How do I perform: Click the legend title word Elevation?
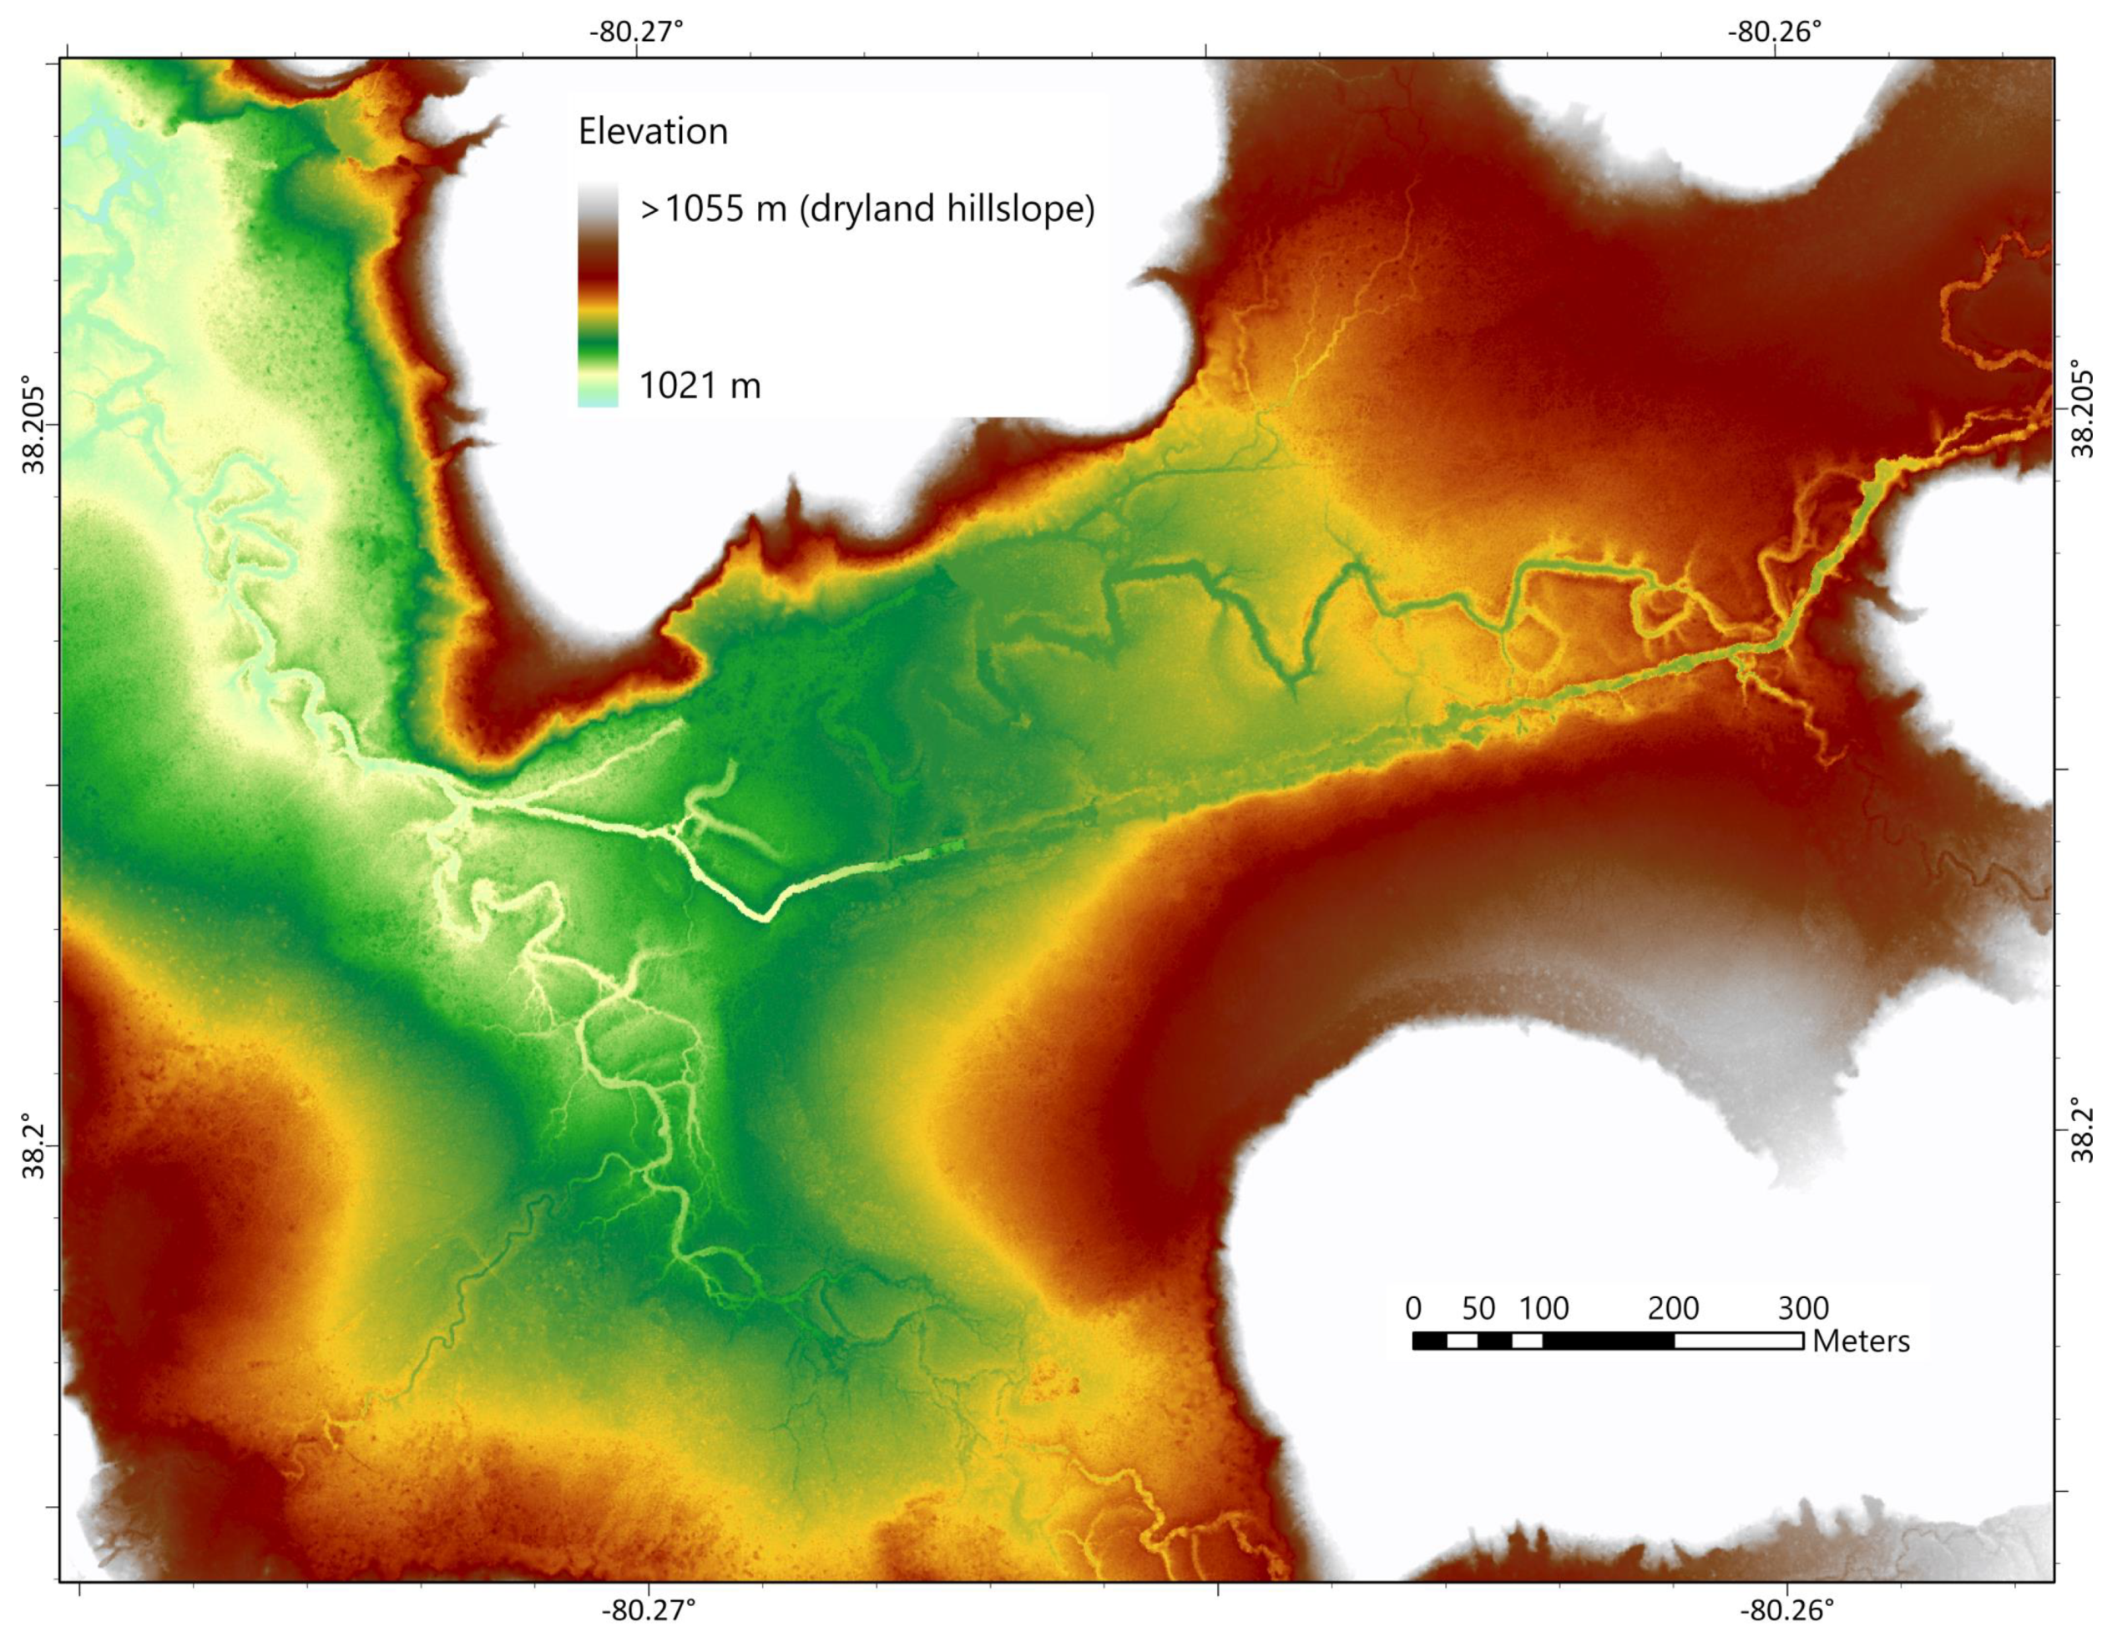point(653,132)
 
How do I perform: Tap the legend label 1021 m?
point(700,387)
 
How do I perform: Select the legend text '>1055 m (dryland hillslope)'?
point(867,209)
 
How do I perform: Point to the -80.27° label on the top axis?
point(636,32)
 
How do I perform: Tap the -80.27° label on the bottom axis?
point(649,1611)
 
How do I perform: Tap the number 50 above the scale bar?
point(1478,1308)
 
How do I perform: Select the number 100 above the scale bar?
point(1544,1308)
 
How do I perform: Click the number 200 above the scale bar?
point(1673,1308)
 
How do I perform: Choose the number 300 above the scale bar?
point(1803,1308)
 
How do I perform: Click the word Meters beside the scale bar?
point(1862,1341)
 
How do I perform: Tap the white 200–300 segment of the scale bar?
point(1739,1340)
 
